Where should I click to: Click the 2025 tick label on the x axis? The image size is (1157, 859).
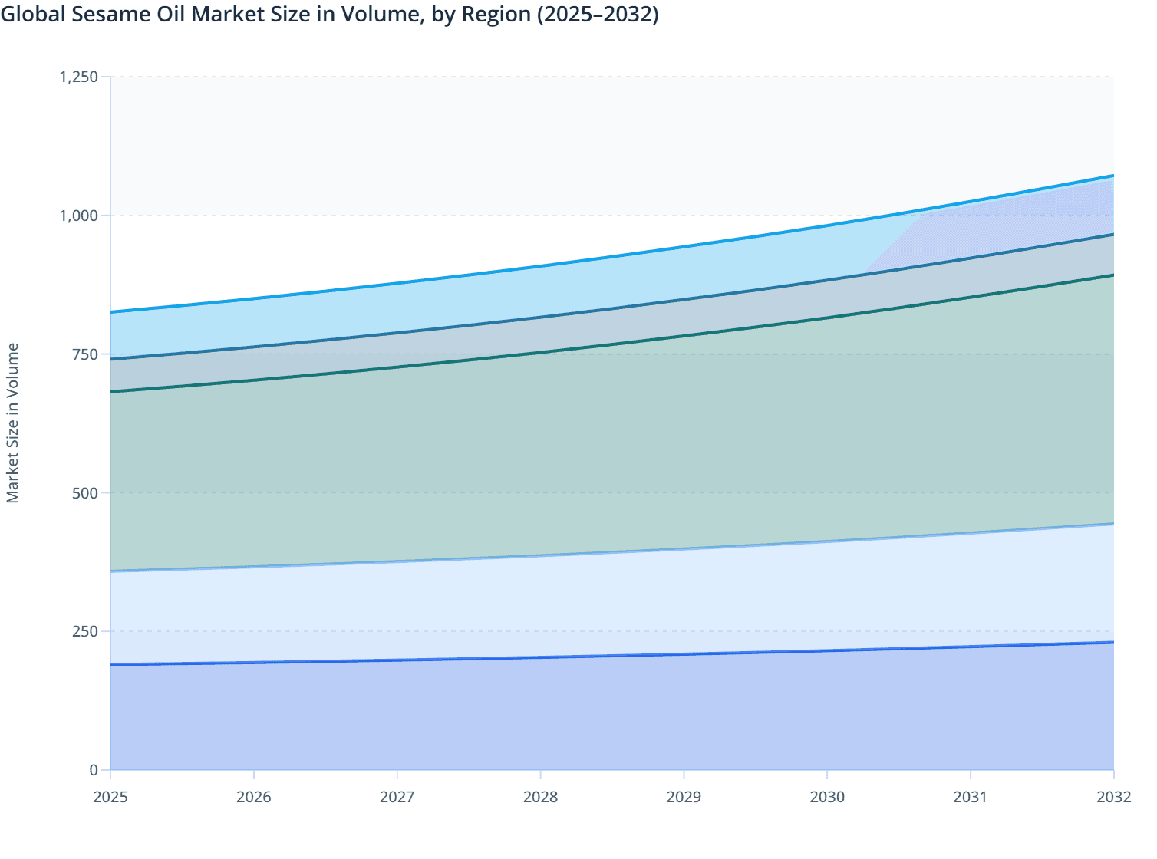[110, 797]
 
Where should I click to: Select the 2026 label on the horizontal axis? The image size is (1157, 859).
[254, 797]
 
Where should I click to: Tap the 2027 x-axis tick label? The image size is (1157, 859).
[397, 797]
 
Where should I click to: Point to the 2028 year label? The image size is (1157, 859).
[540, 797]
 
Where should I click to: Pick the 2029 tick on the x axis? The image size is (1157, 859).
[684, 797]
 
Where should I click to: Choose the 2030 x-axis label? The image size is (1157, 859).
[827, 797]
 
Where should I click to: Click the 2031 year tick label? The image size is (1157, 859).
[971, 797]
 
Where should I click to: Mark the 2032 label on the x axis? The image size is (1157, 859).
[1113, 797]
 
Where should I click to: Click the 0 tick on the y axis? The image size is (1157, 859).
[94, 770]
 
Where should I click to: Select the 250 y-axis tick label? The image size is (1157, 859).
[85, 631]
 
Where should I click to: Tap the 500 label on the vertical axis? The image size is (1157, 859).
[85, 492]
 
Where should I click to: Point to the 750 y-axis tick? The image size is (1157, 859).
[85, 354]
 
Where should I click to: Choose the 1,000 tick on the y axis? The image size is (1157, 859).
[79, 216]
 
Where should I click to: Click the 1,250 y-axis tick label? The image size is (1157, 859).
[79, 77]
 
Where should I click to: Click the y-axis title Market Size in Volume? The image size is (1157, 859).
[13, 423]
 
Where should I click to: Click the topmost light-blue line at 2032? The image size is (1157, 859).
[1112, 176]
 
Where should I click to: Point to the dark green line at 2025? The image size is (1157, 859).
[112, 391]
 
